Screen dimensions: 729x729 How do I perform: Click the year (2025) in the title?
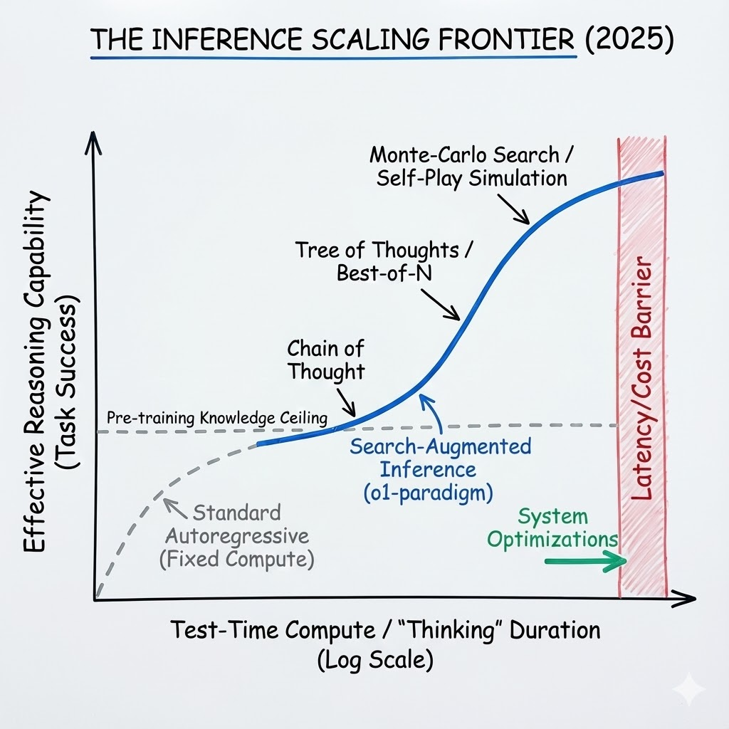coord(629,39)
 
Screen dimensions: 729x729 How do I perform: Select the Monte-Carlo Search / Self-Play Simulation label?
coord(472,167)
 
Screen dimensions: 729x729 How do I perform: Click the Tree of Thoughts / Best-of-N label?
coord(384,261)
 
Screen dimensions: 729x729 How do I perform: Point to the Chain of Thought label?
coord(325,360)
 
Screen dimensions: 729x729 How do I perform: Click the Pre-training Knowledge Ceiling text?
coord(217,418)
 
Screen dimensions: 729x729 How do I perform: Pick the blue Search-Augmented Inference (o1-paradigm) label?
coord(440,470)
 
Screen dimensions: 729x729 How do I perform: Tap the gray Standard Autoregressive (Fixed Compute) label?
coord(236,536)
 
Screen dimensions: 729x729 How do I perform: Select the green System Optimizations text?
coord(552,529)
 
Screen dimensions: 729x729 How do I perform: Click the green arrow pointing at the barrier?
coord(586,561)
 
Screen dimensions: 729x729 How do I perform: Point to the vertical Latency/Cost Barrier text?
coord(643,377)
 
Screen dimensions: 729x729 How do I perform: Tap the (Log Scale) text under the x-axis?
coord(375,660)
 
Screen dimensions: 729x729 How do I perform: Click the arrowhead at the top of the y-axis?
coord(94,142)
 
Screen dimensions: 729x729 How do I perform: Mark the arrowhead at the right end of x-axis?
coord(684,599)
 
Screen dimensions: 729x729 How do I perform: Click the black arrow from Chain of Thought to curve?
coord(346,403)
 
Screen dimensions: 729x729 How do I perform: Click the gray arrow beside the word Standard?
coord(175,508)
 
